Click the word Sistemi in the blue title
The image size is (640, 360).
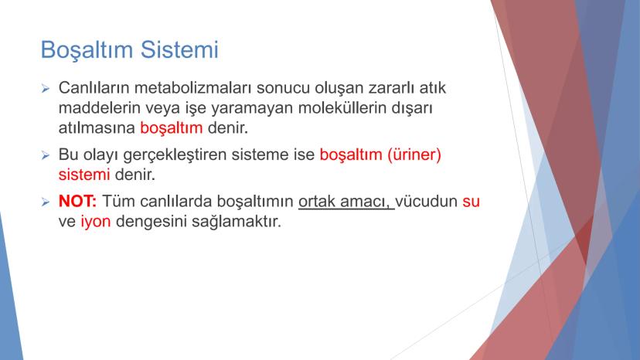click(179, 49)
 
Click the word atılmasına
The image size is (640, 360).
click(97, 127)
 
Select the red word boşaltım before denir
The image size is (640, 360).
click(172, 128)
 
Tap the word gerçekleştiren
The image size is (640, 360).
click(175, 155)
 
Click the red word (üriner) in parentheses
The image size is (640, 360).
click(414, 155)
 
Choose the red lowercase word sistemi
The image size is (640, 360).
click(84, 175)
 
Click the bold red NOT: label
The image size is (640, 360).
click(77, 201)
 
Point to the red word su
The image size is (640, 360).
click(471, 202)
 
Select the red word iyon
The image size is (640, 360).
click(96, 222)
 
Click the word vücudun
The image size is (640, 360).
click(426, 201)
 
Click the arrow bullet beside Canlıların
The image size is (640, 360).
click(46, 88)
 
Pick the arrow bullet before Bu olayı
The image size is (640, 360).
click(46, 155)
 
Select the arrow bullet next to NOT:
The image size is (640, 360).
click(46, 202)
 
